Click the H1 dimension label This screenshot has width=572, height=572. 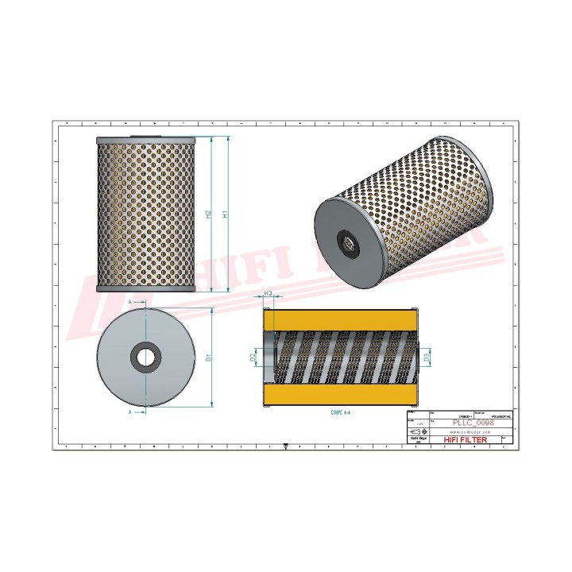coord(226,214)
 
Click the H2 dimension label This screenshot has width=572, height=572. coord(208,214)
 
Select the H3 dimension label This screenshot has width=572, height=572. coord(269,294)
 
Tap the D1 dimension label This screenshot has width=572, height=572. coord(209,357)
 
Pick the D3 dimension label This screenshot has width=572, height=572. coord(427,358)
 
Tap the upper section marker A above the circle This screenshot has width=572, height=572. coord(129,303)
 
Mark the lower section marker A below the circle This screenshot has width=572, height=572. coord(129,413)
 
